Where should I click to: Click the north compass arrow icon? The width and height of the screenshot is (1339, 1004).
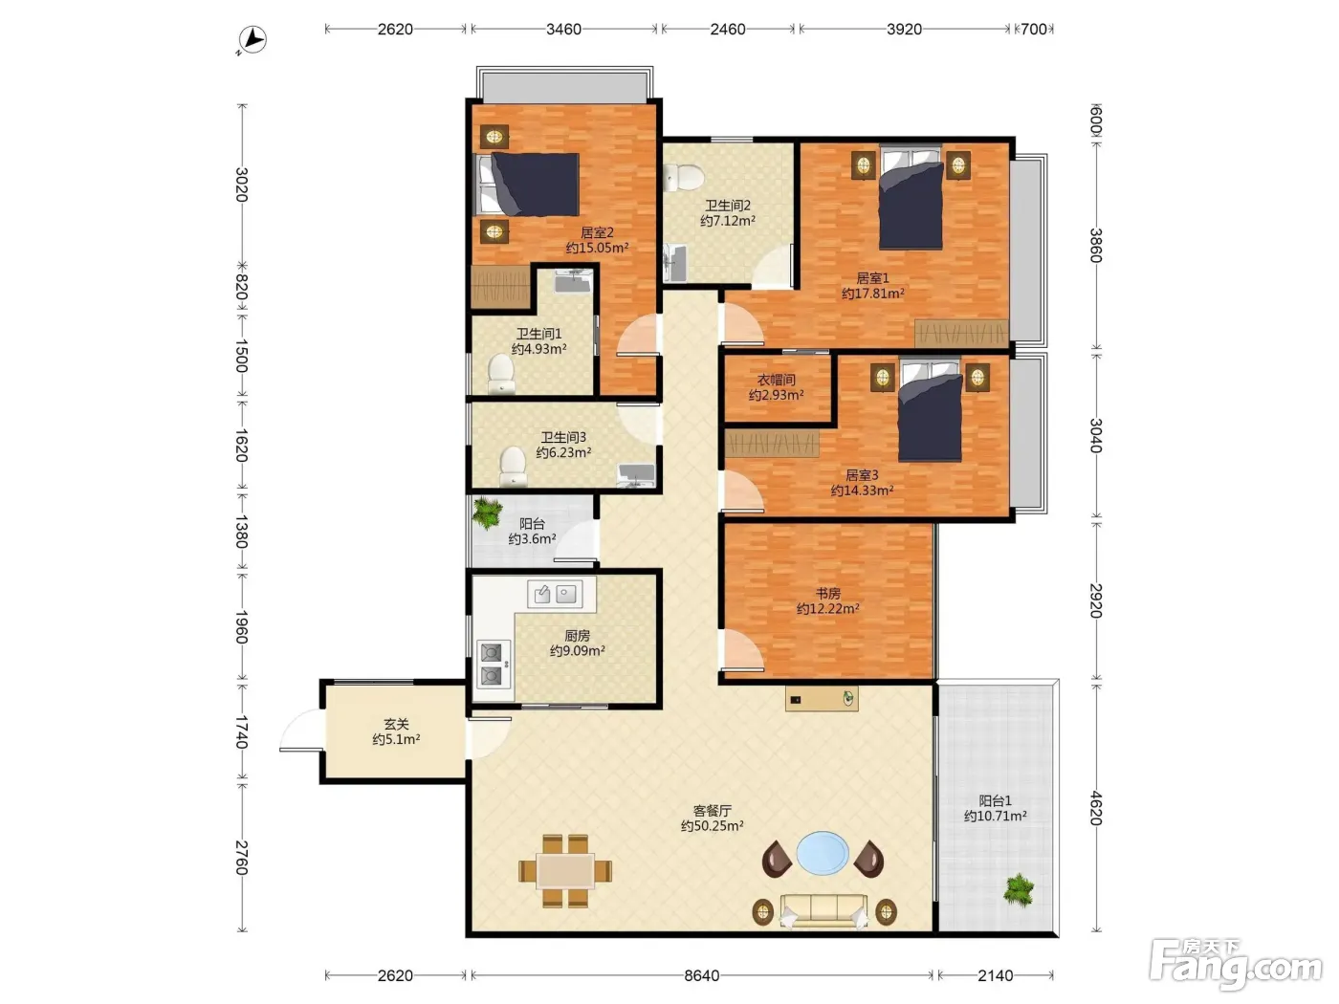point(252,40)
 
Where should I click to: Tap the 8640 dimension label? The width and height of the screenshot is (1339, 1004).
point(701,976)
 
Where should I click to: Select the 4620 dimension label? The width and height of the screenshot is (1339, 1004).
point(1096,808)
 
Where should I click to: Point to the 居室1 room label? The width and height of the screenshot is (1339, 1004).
point(872,278)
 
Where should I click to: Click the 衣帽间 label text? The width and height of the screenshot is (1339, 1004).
point(776,380)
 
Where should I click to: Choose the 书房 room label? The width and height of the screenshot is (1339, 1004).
point(828,593)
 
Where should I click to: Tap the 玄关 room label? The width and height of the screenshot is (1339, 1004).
point(396,724)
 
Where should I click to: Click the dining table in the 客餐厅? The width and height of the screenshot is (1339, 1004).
point(565,871)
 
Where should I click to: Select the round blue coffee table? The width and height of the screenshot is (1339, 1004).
point(823,852)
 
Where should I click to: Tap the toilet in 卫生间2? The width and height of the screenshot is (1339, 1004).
point(684,177)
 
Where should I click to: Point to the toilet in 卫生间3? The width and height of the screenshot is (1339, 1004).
point(513,467)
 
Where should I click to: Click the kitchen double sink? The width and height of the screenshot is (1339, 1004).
point(555,594)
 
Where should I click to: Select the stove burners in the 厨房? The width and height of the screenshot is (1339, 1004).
point(492,664)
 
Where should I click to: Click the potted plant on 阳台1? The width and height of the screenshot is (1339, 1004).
point(1019,890)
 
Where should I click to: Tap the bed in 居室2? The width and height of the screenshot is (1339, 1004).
point(528,185)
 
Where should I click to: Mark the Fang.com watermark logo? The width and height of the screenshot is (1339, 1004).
point(1236,964)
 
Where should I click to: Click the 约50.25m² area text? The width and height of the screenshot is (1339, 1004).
point(712,826)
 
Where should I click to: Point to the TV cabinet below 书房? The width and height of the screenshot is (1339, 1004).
point(822,699)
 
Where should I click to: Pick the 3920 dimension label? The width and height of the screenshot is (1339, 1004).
point(904,30)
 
